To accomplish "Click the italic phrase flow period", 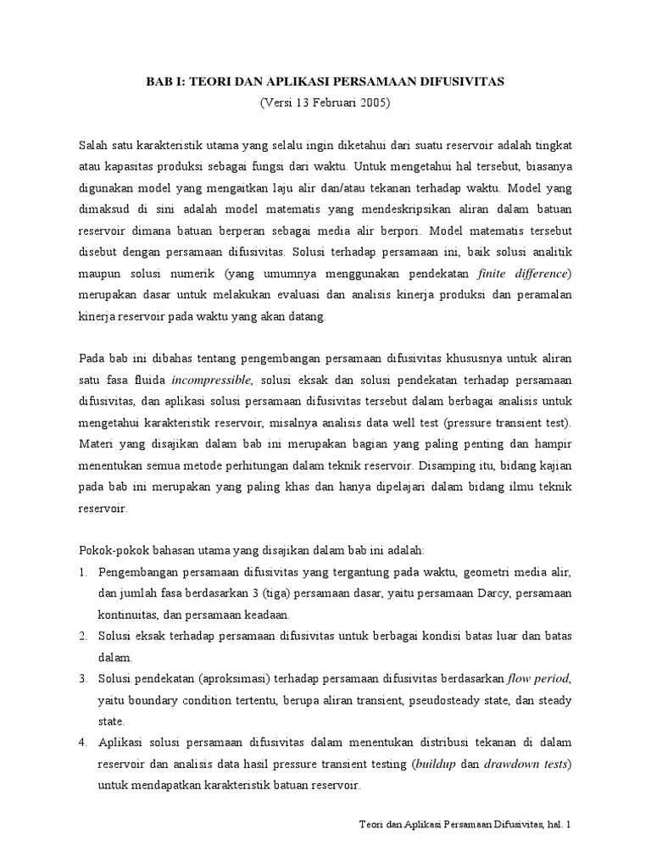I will (x=540, y=679).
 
